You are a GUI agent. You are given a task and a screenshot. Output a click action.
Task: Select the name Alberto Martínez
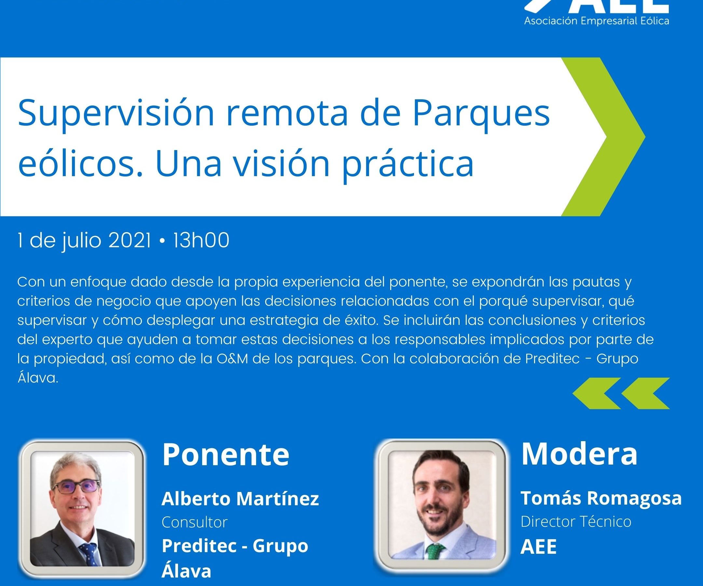[240, 499]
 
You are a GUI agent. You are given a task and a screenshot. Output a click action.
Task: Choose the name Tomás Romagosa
[601, 497]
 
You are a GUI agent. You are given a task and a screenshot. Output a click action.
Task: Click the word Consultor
[195, 522]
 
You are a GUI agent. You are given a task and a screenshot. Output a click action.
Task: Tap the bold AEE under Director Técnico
[538, 547]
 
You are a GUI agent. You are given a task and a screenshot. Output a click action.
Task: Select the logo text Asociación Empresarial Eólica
[597, 21]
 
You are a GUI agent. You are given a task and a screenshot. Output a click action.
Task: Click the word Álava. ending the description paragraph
[38, 378]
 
